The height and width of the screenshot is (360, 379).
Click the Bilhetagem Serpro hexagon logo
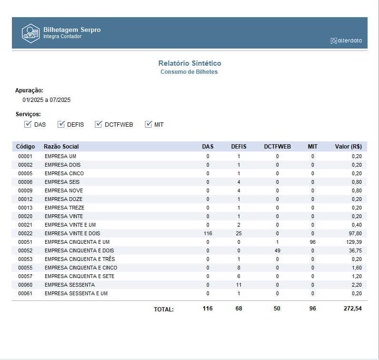pyautogui.click(x=30, y=33)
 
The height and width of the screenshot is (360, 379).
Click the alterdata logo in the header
pyautogui.click(x=346, y=40)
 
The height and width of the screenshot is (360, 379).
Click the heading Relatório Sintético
pyautogui.click(x=189, y=63)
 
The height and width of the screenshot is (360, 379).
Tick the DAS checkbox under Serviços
pyautogui.click(x=28, y=124)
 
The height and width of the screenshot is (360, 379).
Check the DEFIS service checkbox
pyautogui.click(x=61, y=124)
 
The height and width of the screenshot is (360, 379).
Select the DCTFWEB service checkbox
pyautogui.click(x=99, y=124)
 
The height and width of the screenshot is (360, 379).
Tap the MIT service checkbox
pyautogui.click(x=148, y=124)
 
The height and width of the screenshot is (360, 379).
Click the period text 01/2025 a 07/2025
pyautogui.click(x=46, y=100)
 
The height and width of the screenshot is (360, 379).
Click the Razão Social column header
pyautogui.click(x=61, y=147)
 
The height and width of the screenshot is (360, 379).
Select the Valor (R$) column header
pyautogui.click(x=349, y=147)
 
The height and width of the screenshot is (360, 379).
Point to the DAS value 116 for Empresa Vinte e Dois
pyautogui.click(x=207, y=233)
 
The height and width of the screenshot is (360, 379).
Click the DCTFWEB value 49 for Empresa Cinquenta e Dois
pyautogui.click(x=277, y=250)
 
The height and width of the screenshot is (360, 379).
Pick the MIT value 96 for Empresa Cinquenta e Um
pyautogui.click(x=313, y=242)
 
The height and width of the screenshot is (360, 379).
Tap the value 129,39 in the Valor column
pyautogui.click(x=353, y=242)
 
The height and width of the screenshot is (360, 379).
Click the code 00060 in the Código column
pyautogui.click(x=25, y=285)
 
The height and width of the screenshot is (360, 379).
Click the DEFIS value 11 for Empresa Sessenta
pyautogui.click(x=239, y=285)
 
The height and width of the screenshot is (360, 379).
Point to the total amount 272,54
pyautogui.click(x=352, y=309)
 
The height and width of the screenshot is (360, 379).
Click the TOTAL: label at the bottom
pyautogui.click(x=164, y=310)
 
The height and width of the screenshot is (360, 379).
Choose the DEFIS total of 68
pyautogui.click(x=239, y=309)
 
